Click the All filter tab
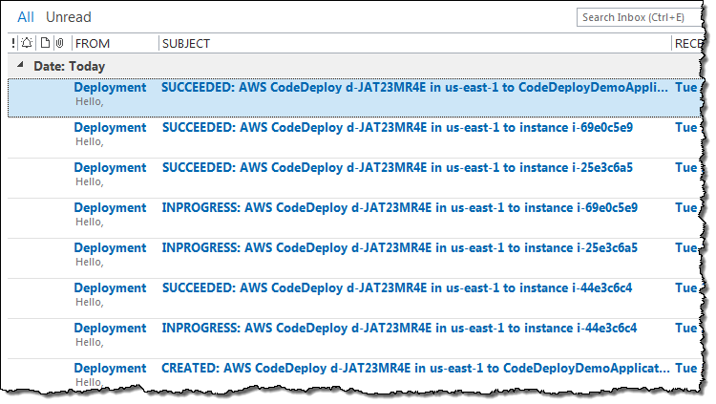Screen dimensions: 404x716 pyautogui.click(x=26, y=17)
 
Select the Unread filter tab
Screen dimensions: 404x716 pyautogui.click(x=69, y=17)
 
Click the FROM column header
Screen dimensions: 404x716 pyautogui.click(x=93, y=43)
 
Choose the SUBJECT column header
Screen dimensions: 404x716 pyautogui.click(x=186, y=43)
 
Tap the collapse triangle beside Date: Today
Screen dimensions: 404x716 pyautogui.click(x=21, y=67)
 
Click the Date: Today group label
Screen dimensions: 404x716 pyautogui.click(x=69, y=67)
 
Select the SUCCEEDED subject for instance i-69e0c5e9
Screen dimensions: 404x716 pyautogui.click(x=397, y=127)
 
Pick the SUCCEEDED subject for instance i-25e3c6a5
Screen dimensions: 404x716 pyautogui.click(x=397, y=167)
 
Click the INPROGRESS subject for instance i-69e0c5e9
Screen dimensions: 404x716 pyautogui.click(x=399, y=207)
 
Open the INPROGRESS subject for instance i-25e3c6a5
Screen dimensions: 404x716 pyautogui.click(x=399, y=247)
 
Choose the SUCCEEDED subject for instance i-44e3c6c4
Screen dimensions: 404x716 pyautogui.click(x=397, y=287)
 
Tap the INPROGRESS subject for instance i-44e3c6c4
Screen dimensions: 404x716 pyautogui.click(x=399, y=328)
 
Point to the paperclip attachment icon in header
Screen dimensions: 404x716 pyautogui.click(x=59, y=43)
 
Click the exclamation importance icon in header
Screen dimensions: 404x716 pyautogui.click(x=13, y=43)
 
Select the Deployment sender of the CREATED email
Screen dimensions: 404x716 pyautogui.click(x=110, y=368)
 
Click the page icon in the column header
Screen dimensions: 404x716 pyautogui.click(x=44, y=43)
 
